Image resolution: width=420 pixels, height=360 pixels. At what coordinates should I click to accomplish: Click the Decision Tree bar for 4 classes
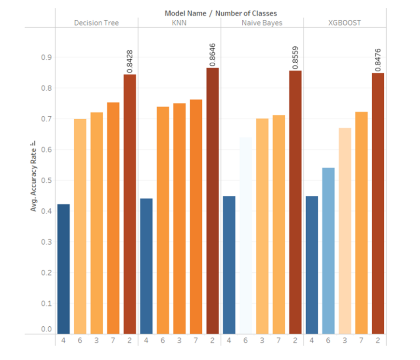click(63, 269)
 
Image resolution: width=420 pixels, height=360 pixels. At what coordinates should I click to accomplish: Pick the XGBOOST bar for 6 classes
click(328, 250)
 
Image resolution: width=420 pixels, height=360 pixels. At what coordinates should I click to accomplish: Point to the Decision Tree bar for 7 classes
click(113, 218)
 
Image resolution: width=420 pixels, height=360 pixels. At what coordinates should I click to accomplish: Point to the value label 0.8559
click(295, 56)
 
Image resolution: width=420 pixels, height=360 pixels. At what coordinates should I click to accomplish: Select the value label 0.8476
click(378, 58)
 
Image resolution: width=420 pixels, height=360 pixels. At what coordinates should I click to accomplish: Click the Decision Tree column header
click(97, 23)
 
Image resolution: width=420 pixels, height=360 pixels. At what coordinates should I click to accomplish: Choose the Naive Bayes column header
click(262, 23)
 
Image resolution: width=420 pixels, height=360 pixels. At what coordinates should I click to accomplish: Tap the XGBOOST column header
click(345, 23)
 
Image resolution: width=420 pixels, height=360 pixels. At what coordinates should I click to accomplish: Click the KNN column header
click(179, 23)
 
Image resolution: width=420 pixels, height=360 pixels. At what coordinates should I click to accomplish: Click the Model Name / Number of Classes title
click(221, 13)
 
